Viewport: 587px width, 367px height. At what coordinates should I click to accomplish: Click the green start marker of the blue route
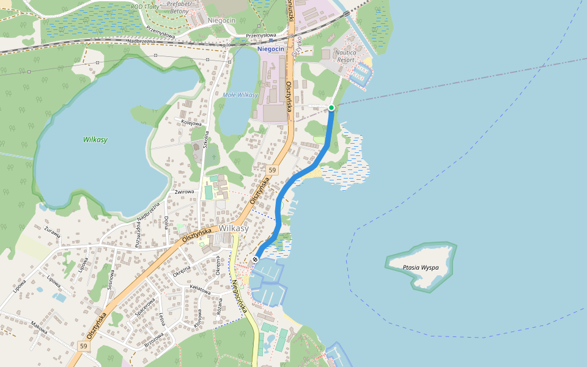[331, 108]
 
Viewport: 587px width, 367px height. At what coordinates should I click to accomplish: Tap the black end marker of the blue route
[255, 259]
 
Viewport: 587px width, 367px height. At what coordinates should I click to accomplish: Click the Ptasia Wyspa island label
[422, 267]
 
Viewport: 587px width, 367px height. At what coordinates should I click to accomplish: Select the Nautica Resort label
[345, 56]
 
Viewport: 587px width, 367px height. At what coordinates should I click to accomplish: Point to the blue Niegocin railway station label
[271, 48]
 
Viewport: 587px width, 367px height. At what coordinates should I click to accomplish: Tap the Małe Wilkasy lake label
[240, 95]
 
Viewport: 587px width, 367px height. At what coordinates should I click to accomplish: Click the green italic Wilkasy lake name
[95, 139]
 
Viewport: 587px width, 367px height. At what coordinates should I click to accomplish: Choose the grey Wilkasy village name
[234, 228]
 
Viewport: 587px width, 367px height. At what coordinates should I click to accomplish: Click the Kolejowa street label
[191, 123]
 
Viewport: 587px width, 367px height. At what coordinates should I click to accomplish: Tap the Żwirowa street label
[184, 192]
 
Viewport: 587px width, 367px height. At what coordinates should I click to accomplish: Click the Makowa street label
[39, 328]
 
